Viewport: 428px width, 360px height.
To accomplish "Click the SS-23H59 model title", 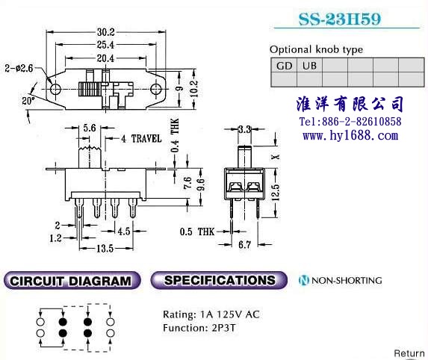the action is [x=340, y=19].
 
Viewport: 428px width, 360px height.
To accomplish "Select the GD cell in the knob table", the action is [x=284, y=66].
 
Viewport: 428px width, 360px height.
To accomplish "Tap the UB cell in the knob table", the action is [x=309, y=66].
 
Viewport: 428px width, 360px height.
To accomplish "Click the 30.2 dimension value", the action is [x=105, y=32].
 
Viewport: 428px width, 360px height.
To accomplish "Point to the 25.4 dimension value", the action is [x=105, y=45].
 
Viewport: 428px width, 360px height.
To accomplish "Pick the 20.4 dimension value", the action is [x=105, y=58].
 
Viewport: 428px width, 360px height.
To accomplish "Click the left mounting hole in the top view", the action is [x=55, y=89].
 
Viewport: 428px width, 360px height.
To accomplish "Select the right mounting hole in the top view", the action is [x=156, y=89].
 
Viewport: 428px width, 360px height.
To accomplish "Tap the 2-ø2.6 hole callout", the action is [x=19, y=68].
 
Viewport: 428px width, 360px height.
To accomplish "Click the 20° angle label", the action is [x=28, y=101].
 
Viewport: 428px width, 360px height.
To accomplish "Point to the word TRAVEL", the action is [x=146, y=139].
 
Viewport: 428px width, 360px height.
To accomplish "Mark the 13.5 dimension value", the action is [x=105, y=249].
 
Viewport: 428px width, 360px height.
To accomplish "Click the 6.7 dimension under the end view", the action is [x=244, y=244].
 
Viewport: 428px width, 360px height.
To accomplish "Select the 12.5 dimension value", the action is [x=276, y=192].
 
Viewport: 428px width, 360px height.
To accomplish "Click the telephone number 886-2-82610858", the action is [x=362, y=122].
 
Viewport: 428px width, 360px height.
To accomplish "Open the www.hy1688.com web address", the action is [x=350, y=135].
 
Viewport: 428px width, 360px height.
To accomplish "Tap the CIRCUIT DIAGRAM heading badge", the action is [x=72, y=280].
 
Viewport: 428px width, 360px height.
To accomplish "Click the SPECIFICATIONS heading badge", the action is [x=219, y=280].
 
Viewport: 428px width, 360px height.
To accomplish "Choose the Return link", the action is [x=409, y=353].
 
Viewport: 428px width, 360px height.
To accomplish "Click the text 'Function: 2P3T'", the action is [x=199, y=328].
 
